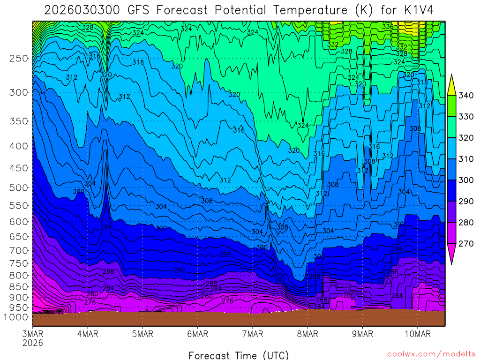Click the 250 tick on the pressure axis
19,59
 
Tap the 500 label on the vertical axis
19,188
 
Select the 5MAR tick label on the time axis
142,334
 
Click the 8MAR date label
307,334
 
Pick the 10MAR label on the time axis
417,334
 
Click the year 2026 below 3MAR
33,343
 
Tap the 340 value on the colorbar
466,96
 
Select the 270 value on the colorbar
466,244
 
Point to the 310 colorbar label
466,159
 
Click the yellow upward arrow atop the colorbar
451,85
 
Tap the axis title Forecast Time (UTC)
239,355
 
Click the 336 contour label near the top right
388,27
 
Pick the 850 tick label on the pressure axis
19,286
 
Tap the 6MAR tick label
197,334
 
